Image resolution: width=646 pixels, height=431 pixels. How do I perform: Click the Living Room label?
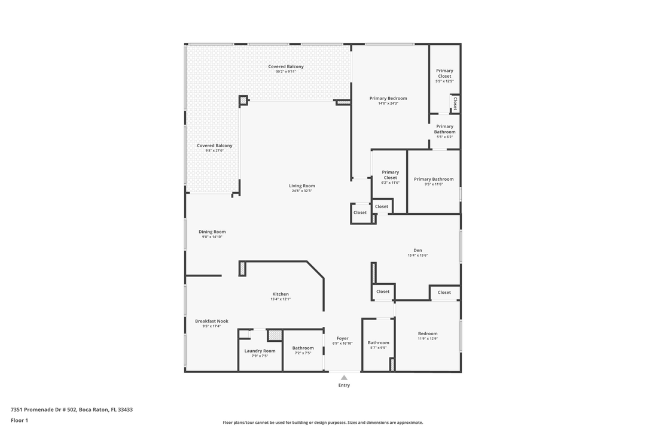301,186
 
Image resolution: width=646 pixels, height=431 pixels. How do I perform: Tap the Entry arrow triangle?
344,378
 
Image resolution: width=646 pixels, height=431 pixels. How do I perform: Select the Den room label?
418,250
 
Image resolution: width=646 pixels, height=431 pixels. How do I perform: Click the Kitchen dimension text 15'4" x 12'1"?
281,299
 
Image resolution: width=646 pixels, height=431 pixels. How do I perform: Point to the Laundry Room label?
260,351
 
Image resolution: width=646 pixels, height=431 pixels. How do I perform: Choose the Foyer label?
342,338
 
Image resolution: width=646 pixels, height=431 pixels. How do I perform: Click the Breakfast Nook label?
211,321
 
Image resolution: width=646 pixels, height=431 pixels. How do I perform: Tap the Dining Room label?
212,232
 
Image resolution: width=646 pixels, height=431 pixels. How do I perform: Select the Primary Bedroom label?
388,98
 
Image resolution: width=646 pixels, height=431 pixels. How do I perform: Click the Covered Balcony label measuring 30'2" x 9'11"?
285,66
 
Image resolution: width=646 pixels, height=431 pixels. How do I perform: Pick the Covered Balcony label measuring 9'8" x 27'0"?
214,145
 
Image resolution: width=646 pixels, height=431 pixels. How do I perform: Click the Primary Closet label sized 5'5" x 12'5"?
444,73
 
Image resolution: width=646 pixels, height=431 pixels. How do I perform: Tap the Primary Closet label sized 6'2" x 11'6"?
390,175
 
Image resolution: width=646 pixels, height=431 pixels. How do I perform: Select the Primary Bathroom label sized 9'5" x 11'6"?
434,179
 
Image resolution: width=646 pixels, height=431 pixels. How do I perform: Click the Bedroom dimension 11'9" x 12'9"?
428,339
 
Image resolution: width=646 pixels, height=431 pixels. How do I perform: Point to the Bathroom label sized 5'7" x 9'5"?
378,343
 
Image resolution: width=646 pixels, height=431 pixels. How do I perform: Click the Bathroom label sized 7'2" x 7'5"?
303,348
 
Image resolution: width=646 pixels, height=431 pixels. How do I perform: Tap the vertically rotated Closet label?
455,104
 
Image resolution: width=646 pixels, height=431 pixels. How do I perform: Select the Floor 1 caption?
19,420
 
